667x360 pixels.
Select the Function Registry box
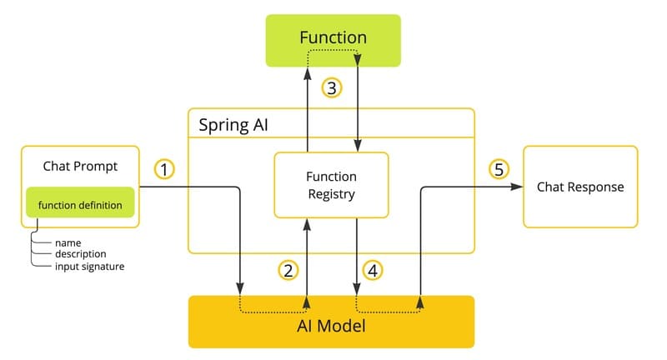pyautogui.click(x=331, y=186)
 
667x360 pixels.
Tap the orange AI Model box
pyautogui.click(x=331, y=322)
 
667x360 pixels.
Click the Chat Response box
pyautogui.click(x=580, y=187)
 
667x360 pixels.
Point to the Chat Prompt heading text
pyautogui.click(x=80, y=166)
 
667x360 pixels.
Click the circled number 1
pyautogui.click(x=165, y=170)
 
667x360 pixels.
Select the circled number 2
pyautogui.click(x=288, y=270)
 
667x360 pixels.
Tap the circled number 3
pyautogui.click(x=332, y=88)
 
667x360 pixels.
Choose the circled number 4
pyautogui.click(x=373, y=270)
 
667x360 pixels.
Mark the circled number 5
pyautogui.click(x=499, y=170)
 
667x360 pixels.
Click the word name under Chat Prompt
pyautogui.click(x=68, y=242)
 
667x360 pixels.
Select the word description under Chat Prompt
pyautogui.click(x=80, y=253)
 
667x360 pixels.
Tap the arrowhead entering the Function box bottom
pyautogui.click(x=308, y=72)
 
